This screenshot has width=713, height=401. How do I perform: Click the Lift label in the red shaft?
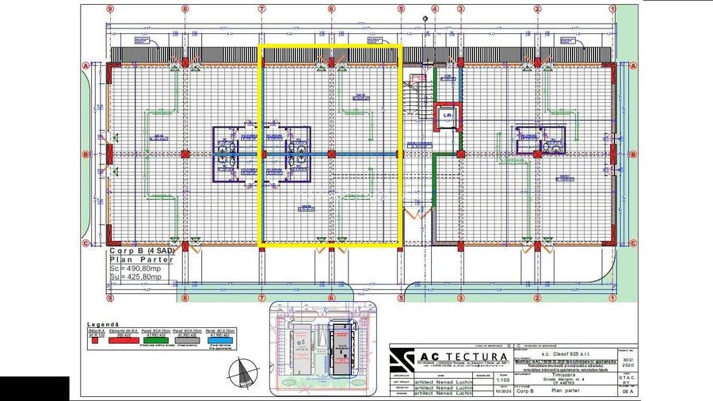[x=448, y=115]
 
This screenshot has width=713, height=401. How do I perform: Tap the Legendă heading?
[x=103, y=324]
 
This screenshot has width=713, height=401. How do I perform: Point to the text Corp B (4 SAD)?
[x=139, y=250]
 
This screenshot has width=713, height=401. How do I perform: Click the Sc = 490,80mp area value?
[x=135, y=268]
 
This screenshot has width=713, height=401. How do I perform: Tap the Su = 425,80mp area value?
[x=135, y=277]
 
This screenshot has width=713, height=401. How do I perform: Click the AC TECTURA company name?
[x=463, y=356]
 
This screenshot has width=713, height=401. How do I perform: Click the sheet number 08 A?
[x=627, y=391]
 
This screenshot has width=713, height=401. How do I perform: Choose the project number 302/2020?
[x=627, y=359]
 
